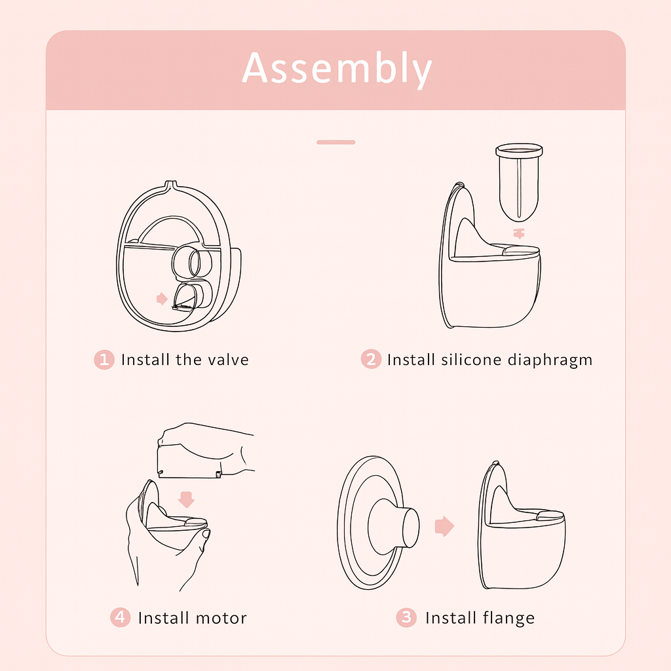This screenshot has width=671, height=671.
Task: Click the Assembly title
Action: [337, 69]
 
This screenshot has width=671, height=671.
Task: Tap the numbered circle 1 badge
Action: [104, 360]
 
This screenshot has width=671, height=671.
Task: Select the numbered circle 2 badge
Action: [371, 360]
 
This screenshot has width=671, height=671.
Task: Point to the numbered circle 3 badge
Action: [406, 617]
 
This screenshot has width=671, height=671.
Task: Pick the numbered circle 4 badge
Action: [120, 617]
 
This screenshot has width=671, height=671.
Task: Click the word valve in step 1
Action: [228, 360]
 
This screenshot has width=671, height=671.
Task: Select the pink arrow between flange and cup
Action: [444, 526]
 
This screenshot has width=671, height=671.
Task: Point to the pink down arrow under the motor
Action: [187, 499]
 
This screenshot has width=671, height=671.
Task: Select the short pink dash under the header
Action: [335, 142]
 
